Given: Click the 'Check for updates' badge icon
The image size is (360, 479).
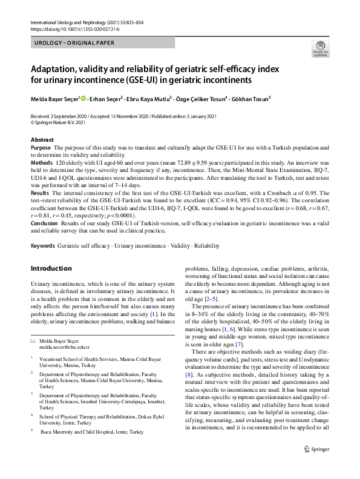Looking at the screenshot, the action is click(319, 48).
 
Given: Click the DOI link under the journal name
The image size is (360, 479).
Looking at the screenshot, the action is click(70, 28).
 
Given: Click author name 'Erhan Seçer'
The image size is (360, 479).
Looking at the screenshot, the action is click(107, 98).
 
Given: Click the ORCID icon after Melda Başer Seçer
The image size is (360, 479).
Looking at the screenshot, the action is click(83, 98).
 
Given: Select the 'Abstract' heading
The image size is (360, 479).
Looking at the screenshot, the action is click(42, 140).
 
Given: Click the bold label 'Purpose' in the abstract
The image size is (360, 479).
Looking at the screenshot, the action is click(41, 148).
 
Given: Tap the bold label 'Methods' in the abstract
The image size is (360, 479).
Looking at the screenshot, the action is click(42, 164).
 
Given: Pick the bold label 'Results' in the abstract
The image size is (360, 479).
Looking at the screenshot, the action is click(41, 193).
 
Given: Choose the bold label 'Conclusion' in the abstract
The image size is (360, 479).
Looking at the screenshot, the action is click(45, 222).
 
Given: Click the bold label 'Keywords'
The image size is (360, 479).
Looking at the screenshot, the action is click(43, 246).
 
